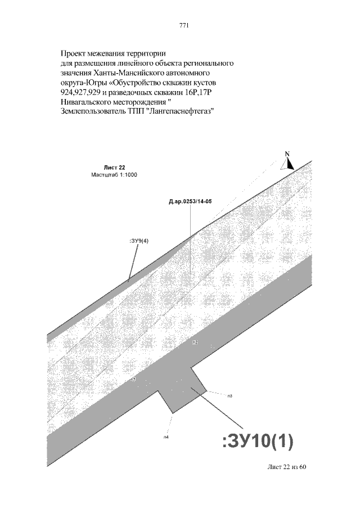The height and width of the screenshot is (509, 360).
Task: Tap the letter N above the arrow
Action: tap(286, 154)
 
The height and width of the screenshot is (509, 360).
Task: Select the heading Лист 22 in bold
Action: tap(114, 168)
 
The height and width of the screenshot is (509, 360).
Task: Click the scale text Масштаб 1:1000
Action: tap(114, 175)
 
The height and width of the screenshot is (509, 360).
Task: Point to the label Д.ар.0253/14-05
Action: tap(190, 201)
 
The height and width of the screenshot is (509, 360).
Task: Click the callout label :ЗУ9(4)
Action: tap(139, 241)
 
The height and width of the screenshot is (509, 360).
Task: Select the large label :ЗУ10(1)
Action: tap(258, 442)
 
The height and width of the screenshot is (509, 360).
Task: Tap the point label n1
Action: tap(133, 380)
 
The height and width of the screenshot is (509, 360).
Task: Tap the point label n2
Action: tap(195, 342)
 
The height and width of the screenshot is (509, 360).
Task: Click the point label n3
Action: tap(230, 396)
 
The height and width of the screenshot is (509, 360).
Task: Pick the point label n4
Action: tap(166, 436)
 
